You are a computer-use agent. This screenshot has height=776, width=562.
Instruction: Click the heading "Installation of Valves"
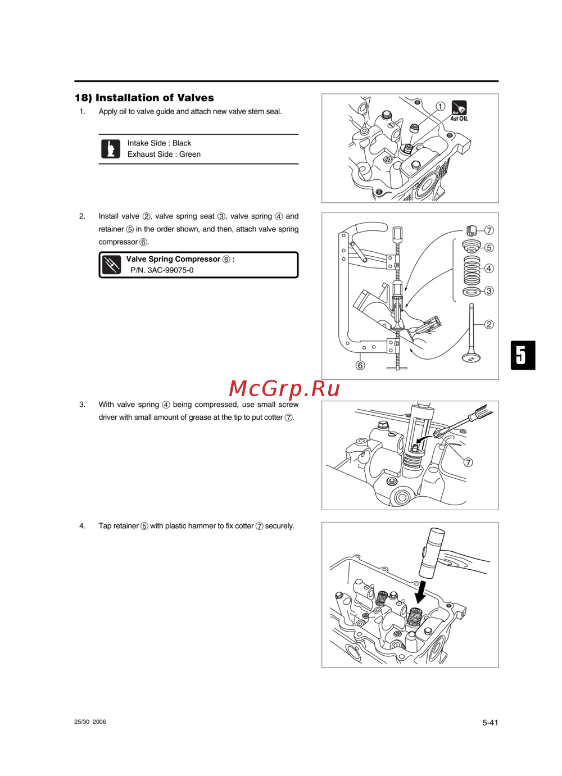[x=155, y=98]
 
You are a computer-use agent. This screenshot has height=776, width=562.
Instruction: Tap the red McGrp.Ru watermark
[x=284, y=389]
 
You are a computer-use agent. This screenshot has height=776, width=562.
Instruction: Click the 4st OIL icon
[x=459, y=111]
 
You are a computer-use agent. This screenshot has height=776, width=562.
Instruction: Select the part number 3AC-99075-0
[x=170, y=270]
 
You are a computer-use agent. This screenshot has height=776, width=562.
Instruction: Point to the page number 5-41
[x=490, y=723]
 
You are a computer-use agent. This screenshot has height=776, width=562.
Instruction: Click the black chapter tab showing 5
[x=523, y=355]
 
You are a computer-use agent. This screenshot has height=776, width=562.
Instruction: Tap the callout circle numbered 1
[x=440, y=106]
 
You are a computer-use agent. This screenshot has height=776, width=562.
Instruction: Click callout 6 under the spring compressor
[x=360, y=365]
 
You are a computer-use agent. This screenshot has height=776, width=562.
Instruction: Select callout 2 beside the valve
[x=488, y=324]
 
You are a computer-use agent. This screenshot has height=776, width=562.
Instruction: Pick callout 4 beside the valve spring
[x=488, y=268]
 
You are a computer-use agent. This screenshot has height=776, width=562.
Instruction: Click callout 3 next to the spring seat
[x=488, y=291]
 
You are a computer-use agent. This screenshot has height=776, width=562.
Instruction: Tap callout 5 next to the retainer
[x=488, y=247]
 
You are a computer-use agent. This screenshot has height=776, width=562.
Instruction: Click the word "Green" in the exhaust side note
[x=190, y=154]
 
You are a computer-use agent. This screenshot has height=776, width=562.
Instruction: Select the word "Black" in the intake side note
[x=182, y=143]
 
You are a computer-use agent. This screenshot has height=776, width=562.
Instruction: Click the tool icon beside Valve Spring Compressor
[x=112, y=265]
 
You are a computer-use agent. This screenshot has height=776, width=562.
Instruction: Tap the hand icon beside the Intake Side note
[x=111, y=149]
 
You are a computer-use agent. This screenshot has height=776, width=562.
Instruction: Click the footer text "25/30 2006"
[x=90, y=722]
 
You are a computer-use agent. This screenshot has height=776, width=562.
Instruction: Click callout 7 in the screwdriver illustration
[x=468, y=462]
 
